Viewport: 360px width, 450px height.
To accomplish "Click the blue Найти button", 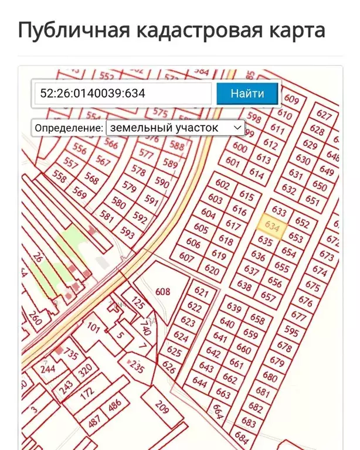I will coord(247,93).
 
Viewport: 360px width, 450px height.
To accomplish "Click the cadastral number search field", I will coord(123,93).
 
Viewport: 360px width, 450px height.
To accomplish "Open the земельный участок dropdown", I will coord(175,128).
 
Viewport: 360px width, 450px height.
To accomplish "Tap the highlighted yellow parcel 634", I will coord(272,226).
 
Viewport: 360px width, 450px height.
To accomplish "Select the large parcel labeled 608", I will coord(162,291).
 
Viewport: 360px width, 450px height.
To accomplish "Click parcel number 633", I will coord(280,212).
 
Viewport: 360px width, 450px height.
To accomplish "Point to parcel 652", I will coord(302,223).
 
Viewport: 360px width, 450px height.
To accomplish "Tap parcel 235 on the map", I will coord(137,367).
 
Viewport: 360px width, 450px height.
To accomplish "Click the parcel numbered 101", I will coord(94,326).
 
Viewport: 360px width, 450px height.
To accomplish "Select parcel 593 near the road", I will coord(127,232).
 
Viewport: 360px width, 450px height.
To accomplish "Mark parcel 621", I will coord(201,292).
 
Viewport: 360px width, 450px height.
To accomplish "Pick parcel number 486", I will coord(115,404).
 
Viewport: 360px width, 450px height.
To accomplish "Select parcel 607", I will coord(186,257).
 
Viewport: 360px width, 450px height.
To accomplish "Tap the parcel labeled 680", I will coord(270,377).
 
